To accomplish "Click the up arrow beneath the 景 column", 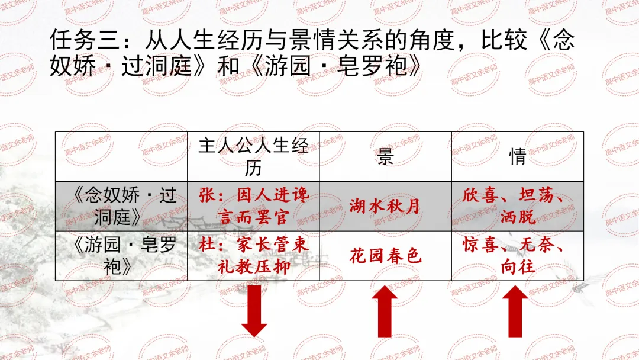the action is pyautogui.click(x=385, y=311).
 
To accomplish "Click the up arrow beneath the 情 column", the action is pyautogui.click(x=517, y=311).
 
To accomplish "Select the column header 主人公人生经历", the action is pyautogui.click(x=253, y=156).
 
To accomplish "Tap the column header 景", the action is pyautogui.click(x=385, y=156).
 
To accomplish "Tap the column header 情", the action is pyautogui.click(x=517, y=156).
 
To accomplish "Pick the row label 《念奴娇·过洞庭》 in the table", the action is pyautogui.click(x=122, y=206).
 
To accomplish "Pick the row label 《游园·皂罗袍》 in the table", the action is pyautogui.click(x=122, y=256).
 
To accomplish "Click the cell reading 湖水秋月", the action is pyautogui.click(x=385, y=206).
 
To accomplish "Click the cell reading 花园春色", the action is pyautogui.click(x=385, y=256).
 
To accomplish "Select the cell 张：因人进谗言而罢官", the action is pyautogui.click(x=253, y=206).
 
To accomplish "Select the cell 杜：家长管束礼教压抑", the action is pyautogui.click(x=253, y=256).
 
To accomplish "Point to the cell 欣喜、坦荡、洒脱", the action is pyautogui.click(x=517, y=206).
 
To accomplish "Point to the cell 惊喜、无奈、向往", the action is pyautogui.click(x=517, y=256).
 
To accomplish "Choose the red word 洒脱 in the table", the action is pyautogui.click(x=517, y=217).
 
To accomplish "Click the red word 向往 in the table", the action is pyautogui.click(x=517, y=266).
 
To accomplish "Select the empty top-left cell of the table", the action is pyautogui.click(x=122, y=156).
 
